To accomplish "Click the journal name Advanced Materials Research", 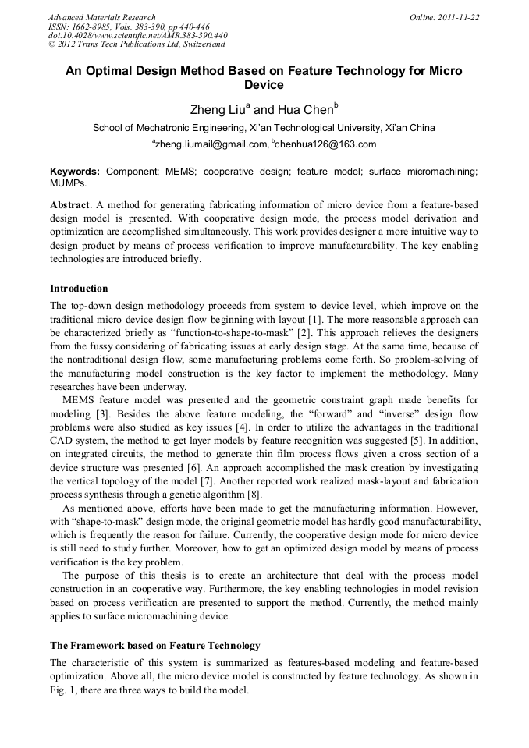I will click(101, 17).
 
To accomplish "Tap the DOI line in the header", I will click(138, 35).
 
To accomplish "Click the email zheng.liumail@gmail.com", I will click(210, 144).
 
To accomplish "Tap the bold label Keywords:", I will click(75, 171).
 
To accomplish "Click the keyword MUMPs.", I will click(68, 182).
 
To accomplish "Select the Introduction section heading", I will click(79, 289).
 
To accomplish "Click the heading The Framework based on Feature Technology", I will click(154, 646).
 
